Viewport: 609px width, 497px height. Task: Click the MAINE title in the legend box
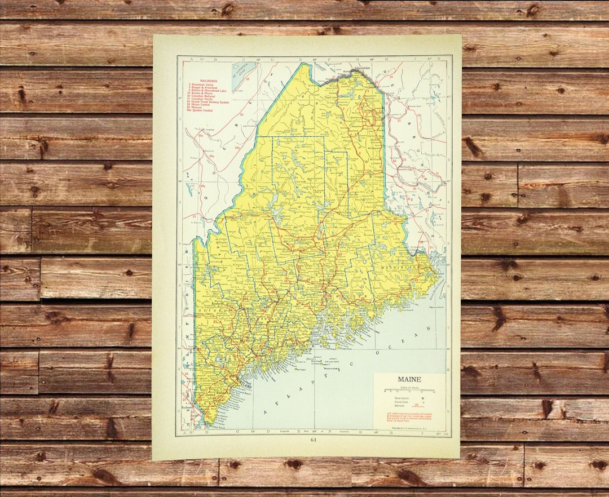(x=409, y=379)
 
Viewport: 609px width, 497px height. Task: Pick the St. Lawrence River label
(x=243, y=72)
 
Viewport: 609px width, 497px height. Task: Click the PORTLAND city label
(x=243, y=387)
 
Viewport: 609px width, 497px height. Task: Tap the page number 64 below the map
(x=313, y=440)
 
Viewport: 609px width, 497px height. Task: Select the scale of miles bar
(x=409, y=390)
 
